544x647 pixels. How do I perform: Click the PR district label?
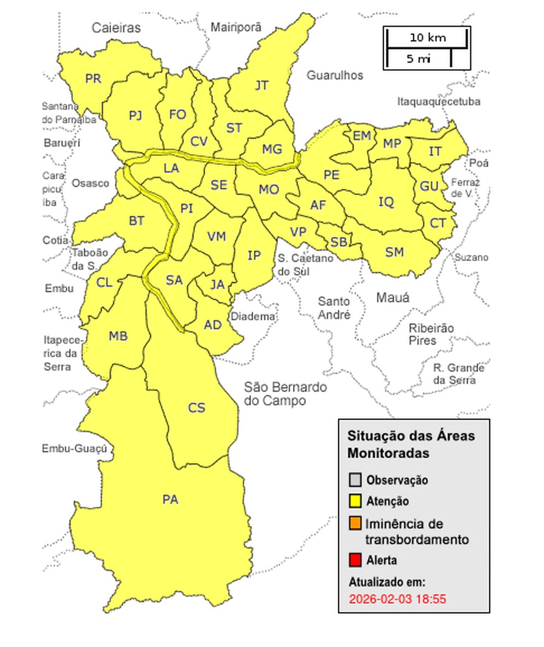tap(93, 79)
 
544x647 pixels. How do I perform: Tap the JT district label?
tap(261, 86)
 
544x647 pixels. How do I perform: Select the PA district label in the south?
tap(170, 500)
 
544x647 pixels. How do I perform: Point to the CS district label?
tap(196, 408)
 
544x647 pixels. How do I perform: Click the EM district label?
tap(362, 136)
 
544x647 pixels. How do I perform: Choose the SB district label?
tap(339, 242)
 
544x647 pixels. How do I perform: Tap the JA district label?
tap(218, 284)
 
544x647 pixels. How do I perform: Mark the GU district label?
tap(429, 186)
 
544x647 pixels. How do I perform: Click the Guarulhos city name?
tap(335, 75)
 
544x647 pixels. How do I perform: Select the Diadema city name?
tap(253, 317)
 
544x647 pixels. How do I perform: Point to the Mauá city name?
tap(393, 298)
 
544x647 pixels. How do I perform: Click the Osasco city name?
tap(90, 183)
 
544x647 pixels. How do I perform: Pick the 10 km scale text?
tap(427, 38)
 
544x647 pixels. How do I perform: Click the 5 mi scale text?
tap(419, 59)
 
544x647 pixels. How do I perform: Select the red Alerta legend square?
tap(355, 560)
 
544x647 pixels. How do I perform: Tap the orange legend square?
tap(355, 523)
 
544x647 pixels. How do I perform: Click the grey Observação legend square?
tap(355, 480)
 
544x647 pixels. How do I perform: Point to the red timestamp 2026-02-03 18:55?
tap(397, 599)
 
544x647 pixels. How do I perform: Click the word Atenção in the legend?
tap(388, 502)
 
